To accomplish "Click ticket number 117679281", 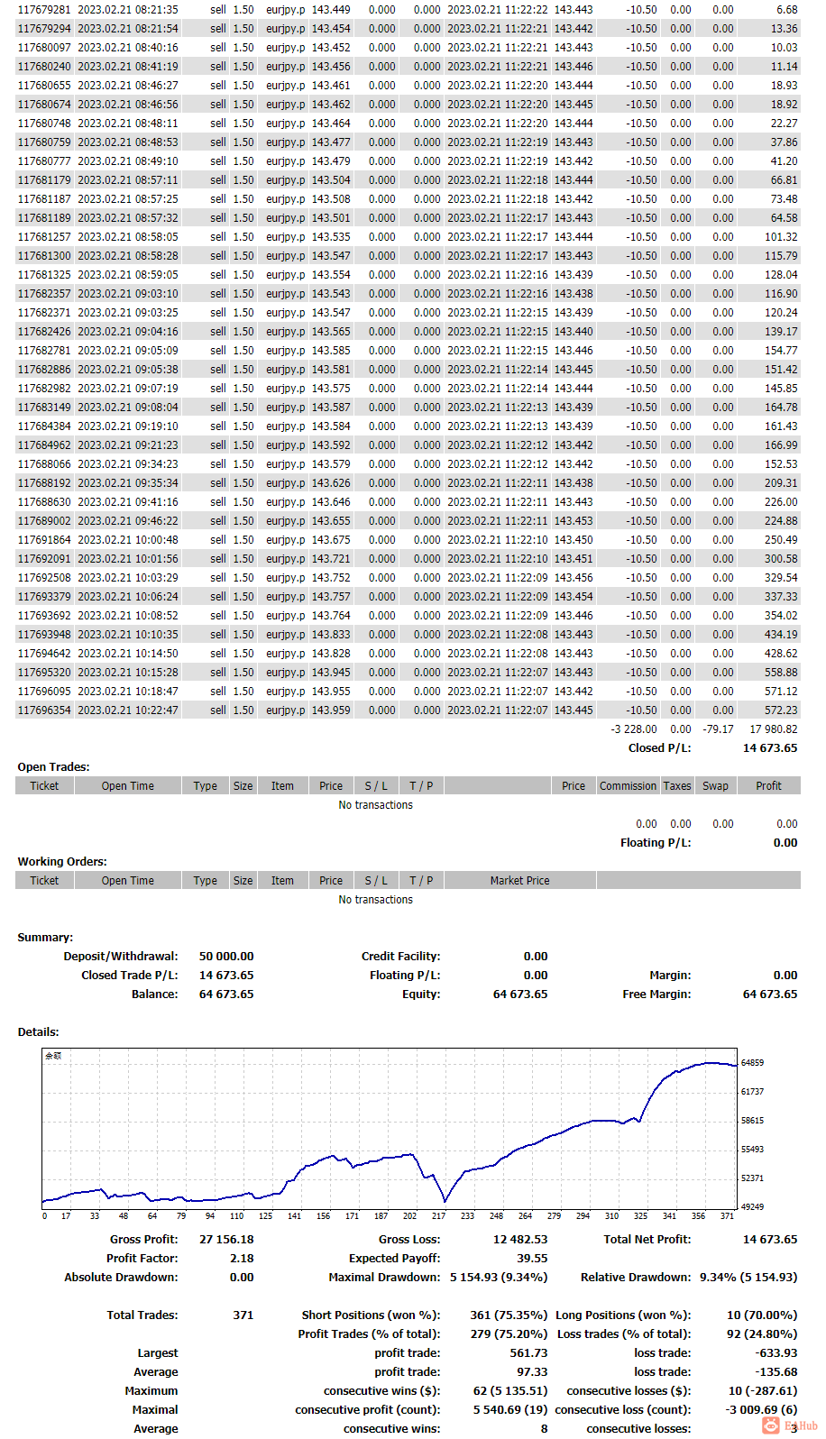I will point(44,10).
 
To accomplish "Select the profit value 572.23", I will point(780,710).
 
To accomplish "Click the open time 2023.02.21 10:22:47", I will point(128,710).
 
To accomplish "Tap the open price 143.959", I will point(331,710).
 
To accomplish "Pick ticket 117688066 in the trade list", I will point(44,464).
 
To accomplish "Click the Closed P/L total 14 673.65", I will point(769,748).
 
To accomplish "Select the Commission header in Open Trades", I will point(628,786).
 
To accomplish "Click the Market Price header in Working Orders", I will point(519,881).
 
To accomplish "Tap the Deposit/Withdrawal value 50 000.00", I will point(226,957).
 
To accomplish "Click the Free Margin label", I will point(656,994).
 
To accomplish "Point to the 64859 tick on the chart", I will point(752,1063).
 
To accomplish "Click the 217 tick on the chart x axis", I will point(438,1216).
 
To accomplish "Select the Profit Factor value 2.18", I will point(242,1259).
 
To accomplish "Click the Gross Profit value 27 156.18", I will point(226,1240).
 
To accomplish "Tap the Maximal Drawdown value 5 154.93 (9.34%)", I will point(499,1278).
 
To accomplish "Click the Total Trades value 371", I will point(243,1315).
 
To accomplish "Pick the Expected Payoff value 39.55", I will point(532,1259).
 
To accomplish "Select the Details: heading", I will point(38,1032).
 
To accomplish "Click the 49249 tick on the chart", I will point(752,1207).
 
